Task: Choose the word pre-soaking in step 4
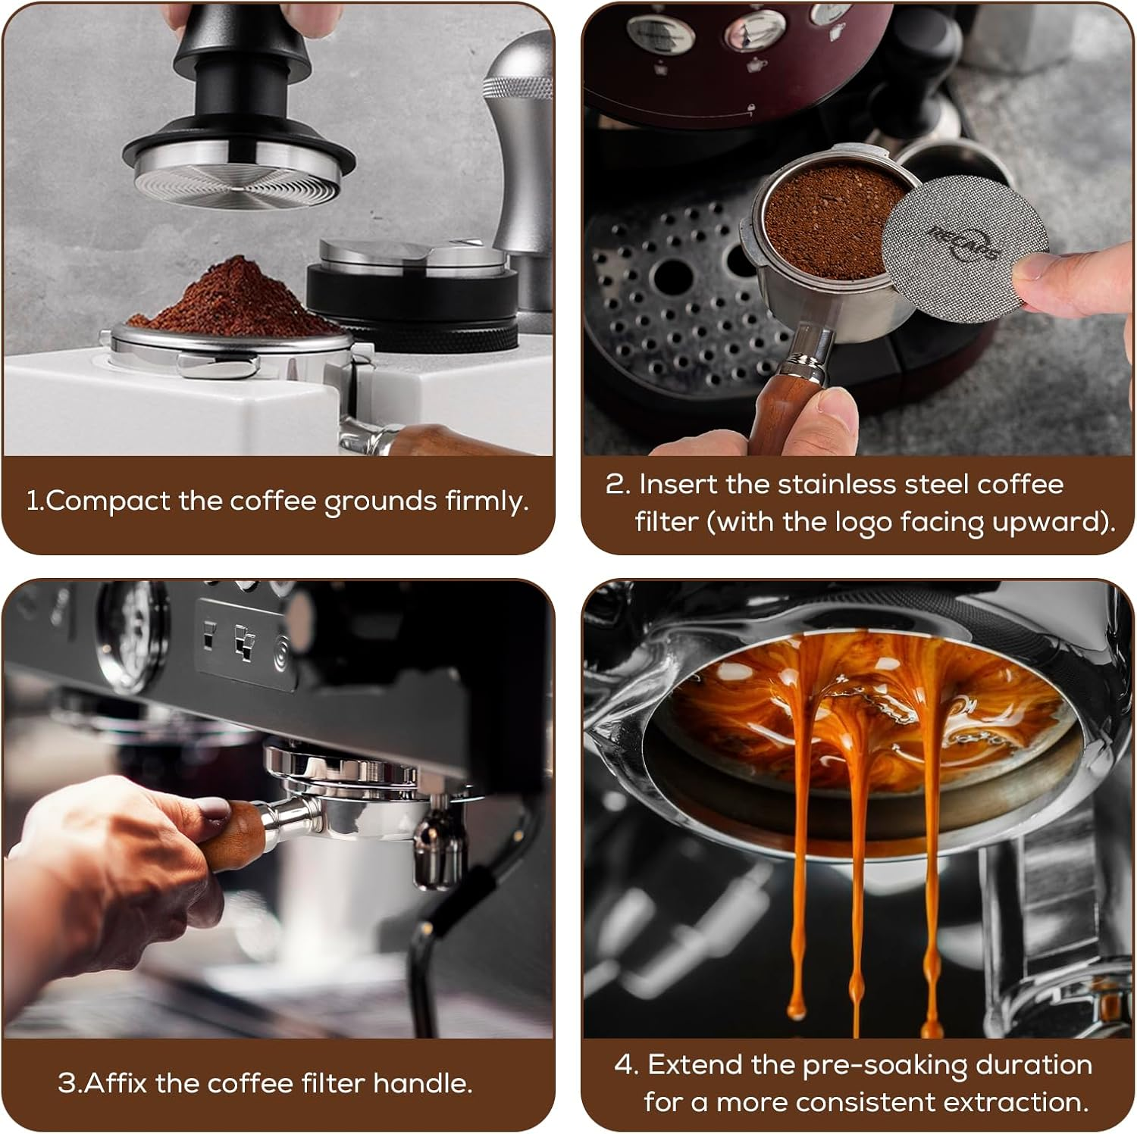coord(885,1066)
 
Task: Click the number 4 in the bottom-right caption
coord(625,1066)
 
